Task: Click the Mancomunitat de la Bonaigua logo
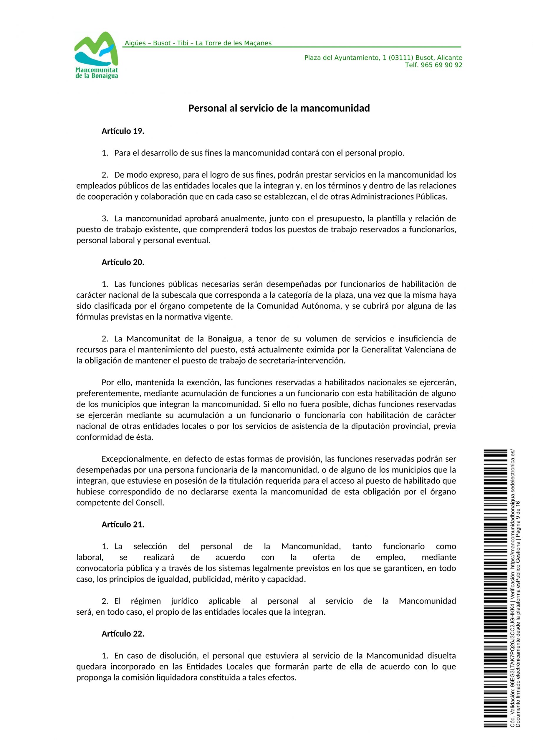(96, 55)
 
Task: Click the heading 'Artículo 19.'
(123, 131)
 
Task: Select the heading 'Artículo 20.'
(123, 262)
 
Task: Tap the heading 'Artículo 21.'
(123, 525)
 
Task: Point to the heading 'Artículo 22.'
(123, 634)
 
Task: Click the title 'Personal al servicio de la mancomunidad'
(279, 108)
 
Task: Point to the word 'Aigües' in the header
(135, 43)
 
